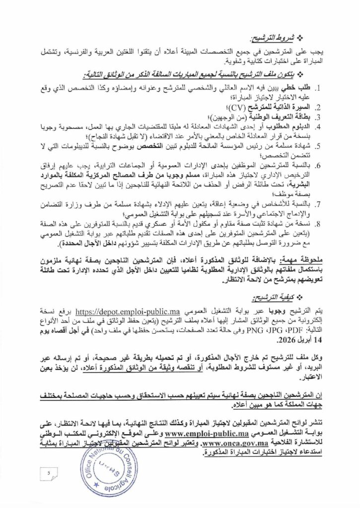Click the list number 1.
[334, 88]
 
